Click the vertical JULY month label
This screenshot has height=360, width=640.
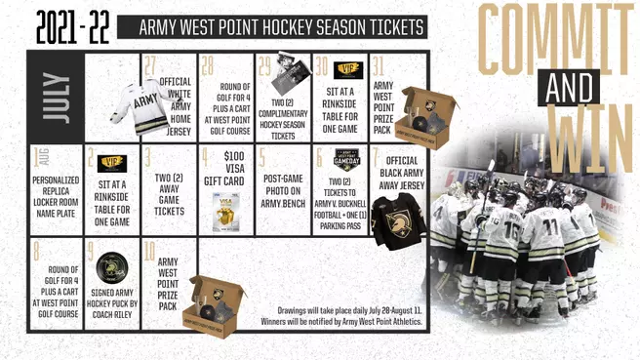55,98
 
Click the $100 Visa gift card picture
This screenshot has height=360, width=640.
225,208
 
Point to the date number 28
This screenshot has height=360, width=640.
207,66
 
